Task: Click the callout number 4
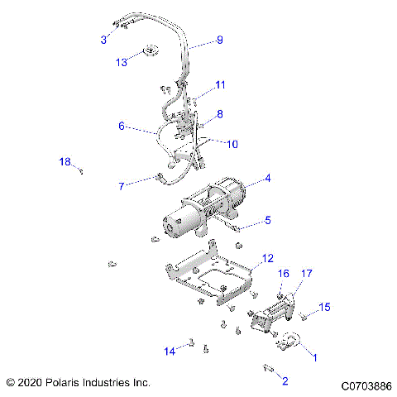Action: coord(267,178)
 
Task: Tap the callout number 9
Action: coord(219,40)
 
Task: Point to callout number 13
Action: coord(122,61)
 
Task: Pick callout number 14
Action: coord(169,352)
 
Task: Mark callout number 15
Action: coord(325,307)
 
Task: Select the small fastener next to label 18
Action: coord(83,170)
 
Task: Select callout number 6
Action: coord(121,127)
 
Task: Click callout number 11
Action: coord(220,85)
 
